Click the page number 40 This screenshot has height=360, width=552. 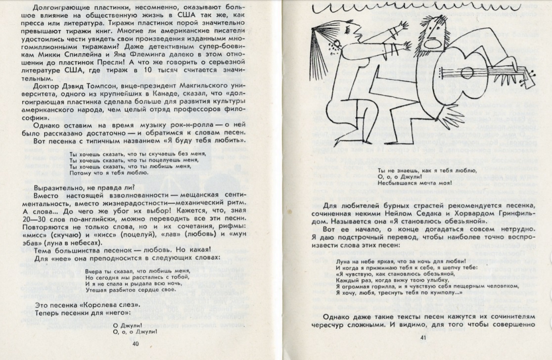click(x=136, y=344)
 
